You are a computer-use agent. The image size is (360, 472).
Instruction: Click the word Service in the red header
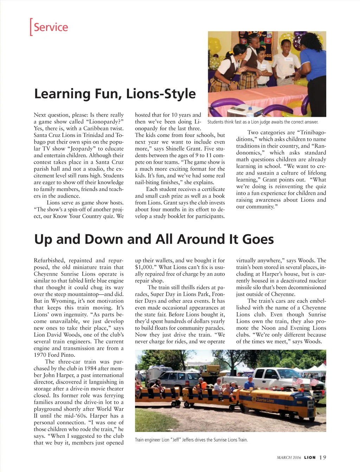pos(51,27)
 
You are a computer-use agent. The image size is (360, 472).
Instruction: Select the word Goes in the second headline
pos(258,240)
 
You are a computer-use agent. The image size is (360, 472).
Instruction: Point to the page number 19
pos(323,457)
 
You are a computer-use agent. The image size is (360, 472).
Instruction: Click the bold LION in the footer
pos(310,457)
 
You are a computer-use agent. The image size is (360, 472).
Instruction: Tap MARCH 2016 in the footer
pos(289,457)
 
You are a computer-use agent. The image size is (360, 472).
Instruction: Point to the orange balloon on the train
pos(204,385)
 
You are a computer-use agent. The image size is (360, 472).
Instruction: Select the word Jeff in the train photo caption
pos(176,440)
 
